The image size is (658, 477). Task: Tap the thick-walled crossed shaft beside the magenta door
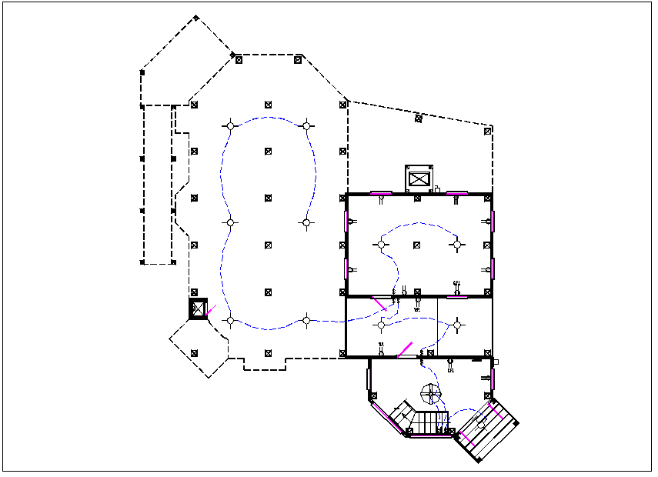click(199, 309)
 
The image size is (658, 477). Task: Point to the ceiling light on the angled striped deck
click(481, 424)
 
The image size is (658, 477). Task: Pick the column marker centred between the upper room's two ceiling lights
click(418, 245)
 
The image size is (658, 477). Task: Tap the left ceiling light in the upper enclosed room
click(380, 245)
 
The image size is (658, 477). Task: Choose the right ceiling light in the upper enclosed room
click(456, 245)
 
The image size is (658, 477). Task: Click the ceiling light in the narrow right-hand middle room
click(456, 325)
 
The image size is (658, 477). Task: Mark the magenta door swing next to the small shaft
click(211, 311)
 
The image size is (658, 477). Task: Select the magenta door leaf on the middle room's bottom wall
click(405, 349)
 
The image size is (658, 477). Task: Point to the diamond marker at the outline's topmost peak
click(196, 18)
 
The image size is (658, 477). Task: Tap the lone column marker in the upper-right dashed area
click(419, 118)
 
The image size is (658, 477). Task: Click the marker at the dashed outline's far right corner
click(489, 132)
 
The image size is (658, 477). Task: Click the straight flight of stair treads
click(430, 421)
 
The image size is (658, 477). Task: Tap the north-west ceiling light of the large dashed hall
click(229, 125)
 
